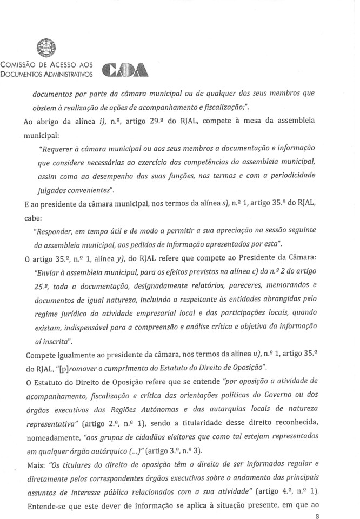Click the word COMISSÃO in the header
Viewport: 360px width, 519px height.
19,64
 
